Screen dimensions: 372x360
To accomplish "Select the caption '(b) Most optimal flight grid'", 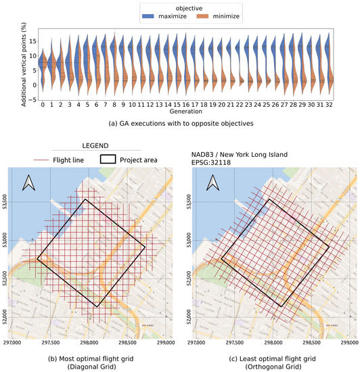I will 91,358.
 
